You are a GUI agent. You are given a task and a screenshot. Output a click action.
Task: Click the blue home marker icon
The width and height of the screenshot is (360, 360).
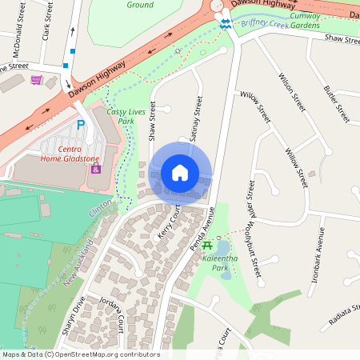click(180, 173)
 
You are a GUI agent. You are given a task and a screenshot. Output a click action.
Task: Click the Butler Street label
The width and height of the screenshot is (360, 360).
click(337, 103)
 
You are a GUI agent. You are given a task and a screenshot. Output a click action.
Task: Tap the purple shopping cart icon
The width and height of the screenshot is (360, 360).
click(36, 79)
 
